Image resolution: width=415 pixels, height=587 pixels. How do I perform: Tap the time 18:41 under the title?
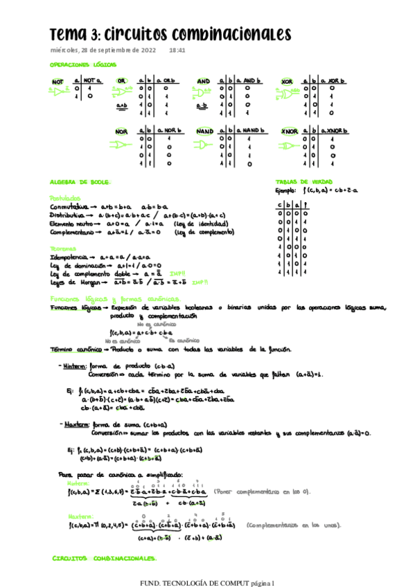click(177, 51)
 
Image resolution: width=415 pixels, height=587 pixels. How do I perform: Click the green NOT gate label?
click(58, 82)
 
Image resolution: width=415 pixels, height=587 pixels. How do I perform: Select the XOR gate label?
click(287, 82)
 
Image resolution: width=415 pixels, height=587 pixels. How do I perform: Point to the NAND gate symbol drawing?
click(206, 145)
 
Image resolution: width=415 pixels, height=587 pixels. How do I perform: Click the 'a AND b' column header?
click(248, 81)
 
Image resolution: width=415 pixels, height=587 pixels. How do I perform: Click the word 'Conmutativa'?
click(69, 207)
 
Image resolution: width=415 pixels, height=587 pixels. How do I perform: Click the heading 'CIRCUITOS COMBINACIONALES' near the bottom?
click(104, 557)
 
